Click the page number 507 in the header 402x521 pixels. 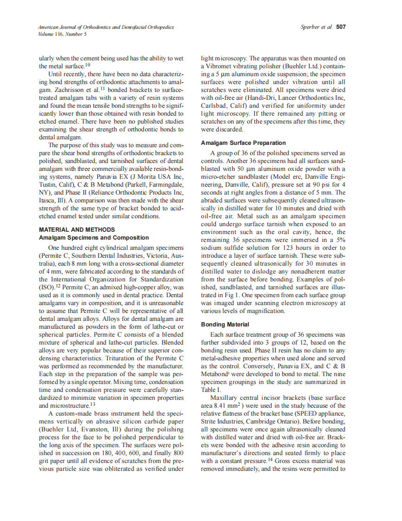(341, 27)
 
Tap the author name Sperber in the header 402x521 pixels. (311, 27)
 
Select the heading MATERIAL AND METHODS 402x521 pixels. (77, 230)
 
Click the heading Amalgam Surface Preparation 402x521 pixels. (243, 143)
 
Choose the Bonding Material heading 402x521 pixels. (225, 325)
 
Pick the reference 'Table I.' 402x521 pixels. (211, 391)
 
